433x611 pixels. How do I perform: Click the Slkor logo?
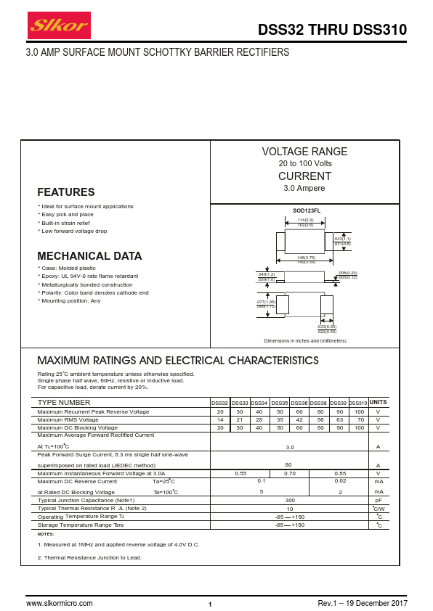pos(58,28)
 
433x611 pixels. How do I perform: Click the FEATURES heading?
pos(66,192)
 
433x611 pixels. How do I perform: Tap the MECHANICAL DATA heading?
pos(89,256)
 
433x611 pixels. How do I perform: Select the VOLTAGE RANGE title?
pos(304,152)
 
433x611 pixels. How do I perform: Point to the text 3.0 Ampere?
pos(304,188)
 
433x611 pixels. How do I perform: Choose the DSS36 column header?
pos(299,403)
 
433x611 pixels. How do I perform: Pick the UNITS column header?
pos(378,402)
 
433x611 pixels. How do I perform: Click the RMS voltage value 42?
pos(299,419)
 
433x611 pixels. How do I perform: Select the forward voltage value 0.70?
pos(289,473)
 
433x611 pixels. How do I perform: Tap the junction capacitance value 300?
pos(289,500)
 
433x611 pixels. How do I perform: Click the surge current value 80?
pos(288,464)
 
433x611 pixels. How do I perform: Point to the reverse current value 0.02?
pos(340,481)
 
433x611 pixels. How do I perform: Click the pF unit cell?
pos(378,500)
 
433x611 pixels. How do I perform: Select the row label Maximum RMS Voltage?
pos(68,419)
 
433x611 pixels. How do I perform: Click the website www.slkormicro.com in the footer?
pos(60,603)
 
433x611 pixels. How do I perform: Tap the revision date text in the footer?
pos(363,603)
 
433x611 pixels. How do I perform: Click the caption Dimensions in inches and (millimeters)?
pos(304,340)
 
